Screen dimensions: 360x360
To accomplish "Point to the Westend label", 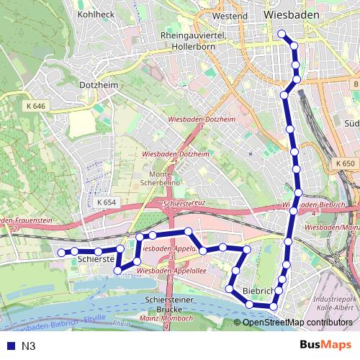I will [230, 15].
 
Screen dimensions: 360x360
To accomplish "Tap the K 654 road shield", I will [106, 202].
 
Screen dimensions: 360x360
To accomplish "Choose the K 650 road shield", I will [345, 163].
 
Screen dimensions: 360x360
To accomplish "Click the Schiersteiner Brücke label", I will [170, 304].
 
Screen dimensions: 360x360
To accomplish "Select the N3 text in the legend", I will [28, 346].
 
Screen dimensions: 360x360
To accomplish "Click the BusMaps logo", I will [325, 346].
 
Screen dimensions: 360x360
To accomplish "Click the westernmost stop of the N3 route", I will [61, 252].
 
